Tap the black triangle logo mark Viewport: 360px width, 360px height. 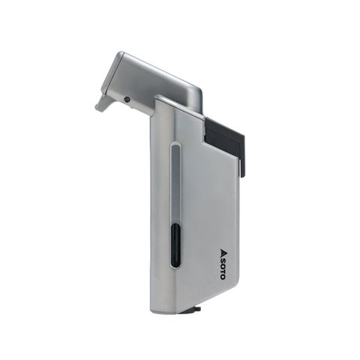tap(223, 252)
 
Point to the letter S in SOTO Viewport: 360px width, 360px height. tap(223, 259)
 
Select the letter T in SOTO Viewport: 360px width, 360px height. tap(223, 271)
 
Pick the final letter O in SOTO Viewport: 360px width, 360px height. tap(223, 277)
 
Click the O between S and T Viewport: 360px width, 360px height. tap(223, 265)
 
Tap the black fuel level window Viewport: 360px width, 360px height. tap(175, 244)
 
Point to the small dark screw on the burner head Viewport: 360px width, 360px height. tap(127, 99)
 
